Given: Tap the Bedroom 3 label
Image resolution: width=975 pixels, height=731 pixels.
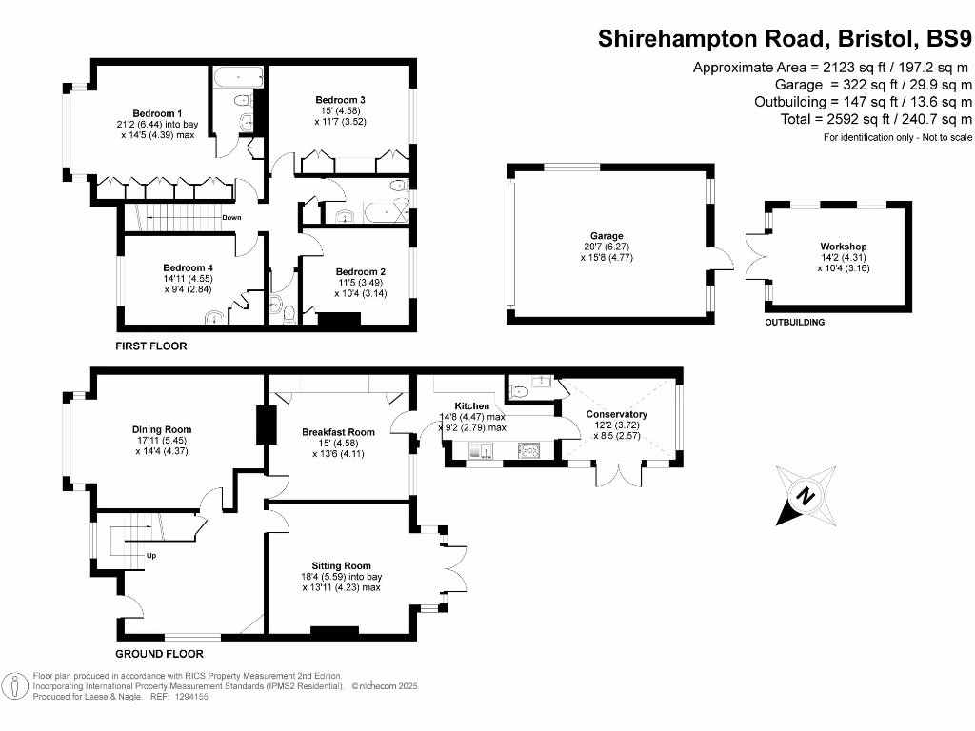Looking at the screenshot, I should [341, 100].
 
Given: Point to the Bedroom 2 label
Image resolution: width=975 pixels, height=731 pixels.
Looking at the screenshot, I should [360, 271].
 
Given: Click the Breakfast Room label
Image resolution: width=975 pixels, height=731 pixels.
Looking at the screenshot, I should [338, 432].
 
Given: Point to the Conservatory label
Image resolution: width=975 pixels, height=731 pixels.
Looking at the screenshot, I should [616, 414].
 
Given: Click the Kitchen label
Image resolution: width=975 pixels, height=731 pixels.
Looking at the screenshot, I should [471, 406].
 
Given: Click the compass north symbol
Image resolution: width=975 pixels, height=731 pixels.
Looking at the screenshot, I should [806, 496].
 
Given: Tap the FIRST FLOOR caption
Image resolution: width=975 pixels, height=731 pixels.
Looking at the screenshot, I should [151, 346].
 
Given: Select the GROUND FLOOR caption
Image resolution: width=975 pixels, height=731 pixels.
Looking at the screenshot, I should [159, 654].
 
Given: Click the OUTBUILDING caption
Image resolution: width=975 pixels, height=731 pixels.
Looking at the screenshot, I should [795, 323].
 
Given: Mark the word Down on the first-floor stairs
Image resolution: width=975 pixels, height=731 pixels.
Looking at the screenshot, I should [231, 217].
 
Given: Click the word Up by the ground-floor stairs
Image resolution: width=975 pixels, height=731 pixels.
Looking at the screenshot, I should [151, 556].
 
